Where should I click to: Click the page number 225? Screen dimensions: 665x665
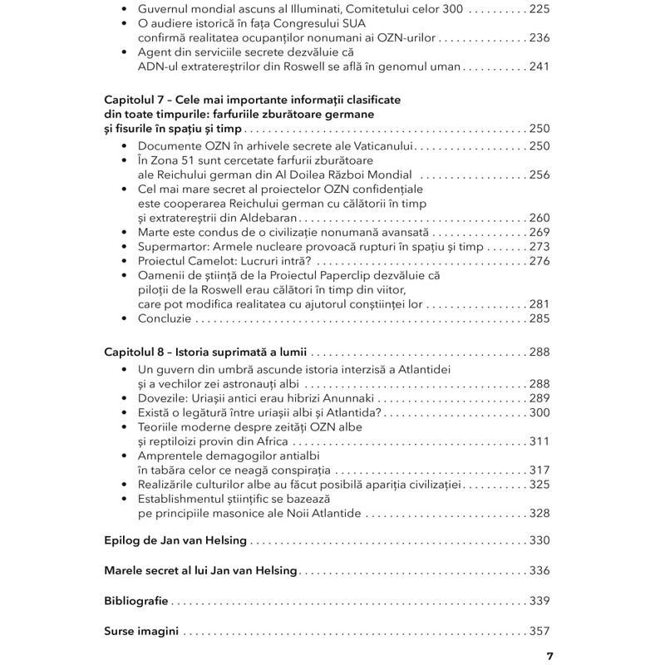(539, 10)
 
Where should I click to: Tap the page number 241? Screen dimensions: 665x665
(539, 66)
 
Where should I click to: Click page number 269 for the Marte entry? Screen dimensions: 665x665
(539, 232)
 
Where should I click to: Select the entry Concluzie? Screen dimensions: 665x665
(165, 318)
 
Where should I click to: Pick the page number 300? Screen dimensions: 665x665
(539, 412)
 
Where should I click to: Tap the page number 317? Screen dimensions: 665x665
(539, 470)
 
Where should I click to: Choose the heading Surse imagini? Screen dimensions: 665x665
(142, 631)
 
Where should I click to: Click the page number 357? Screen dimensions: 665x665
(539, 631)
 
